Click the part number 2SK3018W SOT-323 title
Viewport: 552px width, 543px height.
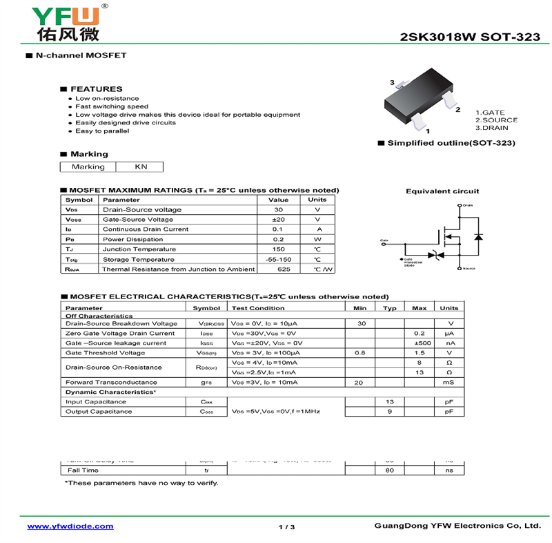(470, 37)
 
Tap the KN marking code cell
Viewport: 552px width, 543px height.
(141, 166)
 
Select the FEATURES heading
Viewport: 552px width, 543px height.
(96, 89)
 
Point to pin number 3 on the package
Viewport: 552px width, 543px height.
(392, 83)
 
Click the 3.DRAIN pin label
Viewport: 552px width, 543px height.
(491, 128)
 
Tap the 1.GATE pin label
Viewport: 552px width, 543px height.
(490, 113)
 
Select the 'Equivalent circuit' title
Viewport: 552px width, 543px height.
(442, 191)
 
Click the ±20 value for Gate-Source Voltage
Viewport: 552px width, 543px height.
(279, 219)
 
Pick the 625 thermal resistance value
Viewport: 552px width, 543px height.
(279, 269)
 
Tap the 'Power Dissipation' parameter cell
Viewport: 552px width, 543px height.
(130, 239)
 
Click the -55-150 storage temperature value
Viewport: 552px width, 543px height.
(279, 259)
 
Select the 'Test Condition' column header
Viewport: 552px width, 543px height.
(258, 308)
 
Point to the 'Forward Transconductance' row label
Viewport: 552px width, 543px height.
(111, 382)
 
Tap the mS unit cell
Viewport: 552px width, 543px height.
(449, 382)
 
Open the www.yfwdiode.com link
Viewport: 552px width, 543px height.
(70, 526)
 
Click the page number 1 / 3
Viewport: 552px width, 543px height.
(286, 527)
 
